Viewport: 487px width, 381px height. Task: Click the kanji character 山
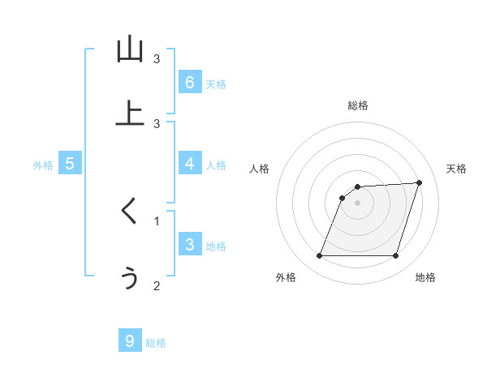(x=130, y=49)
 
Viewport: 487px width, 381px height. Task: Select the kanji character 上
(x=130, y=113)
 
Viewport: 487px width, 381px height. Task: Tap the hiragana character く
(x=130, y=212)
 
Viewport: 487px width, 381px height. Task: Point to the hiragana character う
(x=130, y=277)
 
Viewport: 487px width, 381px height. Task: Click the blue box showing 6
(x=189, y=83)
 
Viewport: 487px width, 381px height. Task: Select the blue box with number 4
(x=189, y=164)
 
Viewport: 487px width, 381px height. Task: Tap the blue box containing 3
(x=189, y=245)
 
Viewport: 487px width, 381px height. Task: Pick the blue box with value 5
(x=70, y=164)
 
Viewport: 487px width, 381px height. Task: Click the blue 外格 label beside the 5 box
(x=43, y=165)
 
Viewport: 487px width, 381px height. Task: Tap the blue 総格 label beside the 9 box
(x=156, y=343)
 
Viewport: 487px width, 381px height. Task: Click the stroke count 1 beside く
(x=157, y=220)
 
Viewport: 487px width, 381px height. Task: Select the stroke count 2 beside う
(x=157, y=285)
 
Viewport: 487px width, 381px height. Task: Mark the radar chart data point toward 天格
(x=420, y=182)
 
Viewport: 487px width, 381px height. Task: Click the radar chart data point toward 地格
(x=395, y=256)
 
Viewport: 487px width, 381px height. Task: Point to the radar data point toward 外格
(x=319, y=256)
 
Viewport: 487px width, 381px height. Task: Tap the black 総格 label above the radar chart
(x=357, y=105)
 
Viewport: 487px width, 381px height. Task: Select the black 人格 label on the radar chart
(x=260, y=169)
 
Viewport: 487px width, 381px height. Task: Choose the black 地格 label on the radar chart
(x=425, y=278)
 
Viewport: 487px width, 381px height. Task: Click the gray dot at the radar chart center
(x=357, y=203)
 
